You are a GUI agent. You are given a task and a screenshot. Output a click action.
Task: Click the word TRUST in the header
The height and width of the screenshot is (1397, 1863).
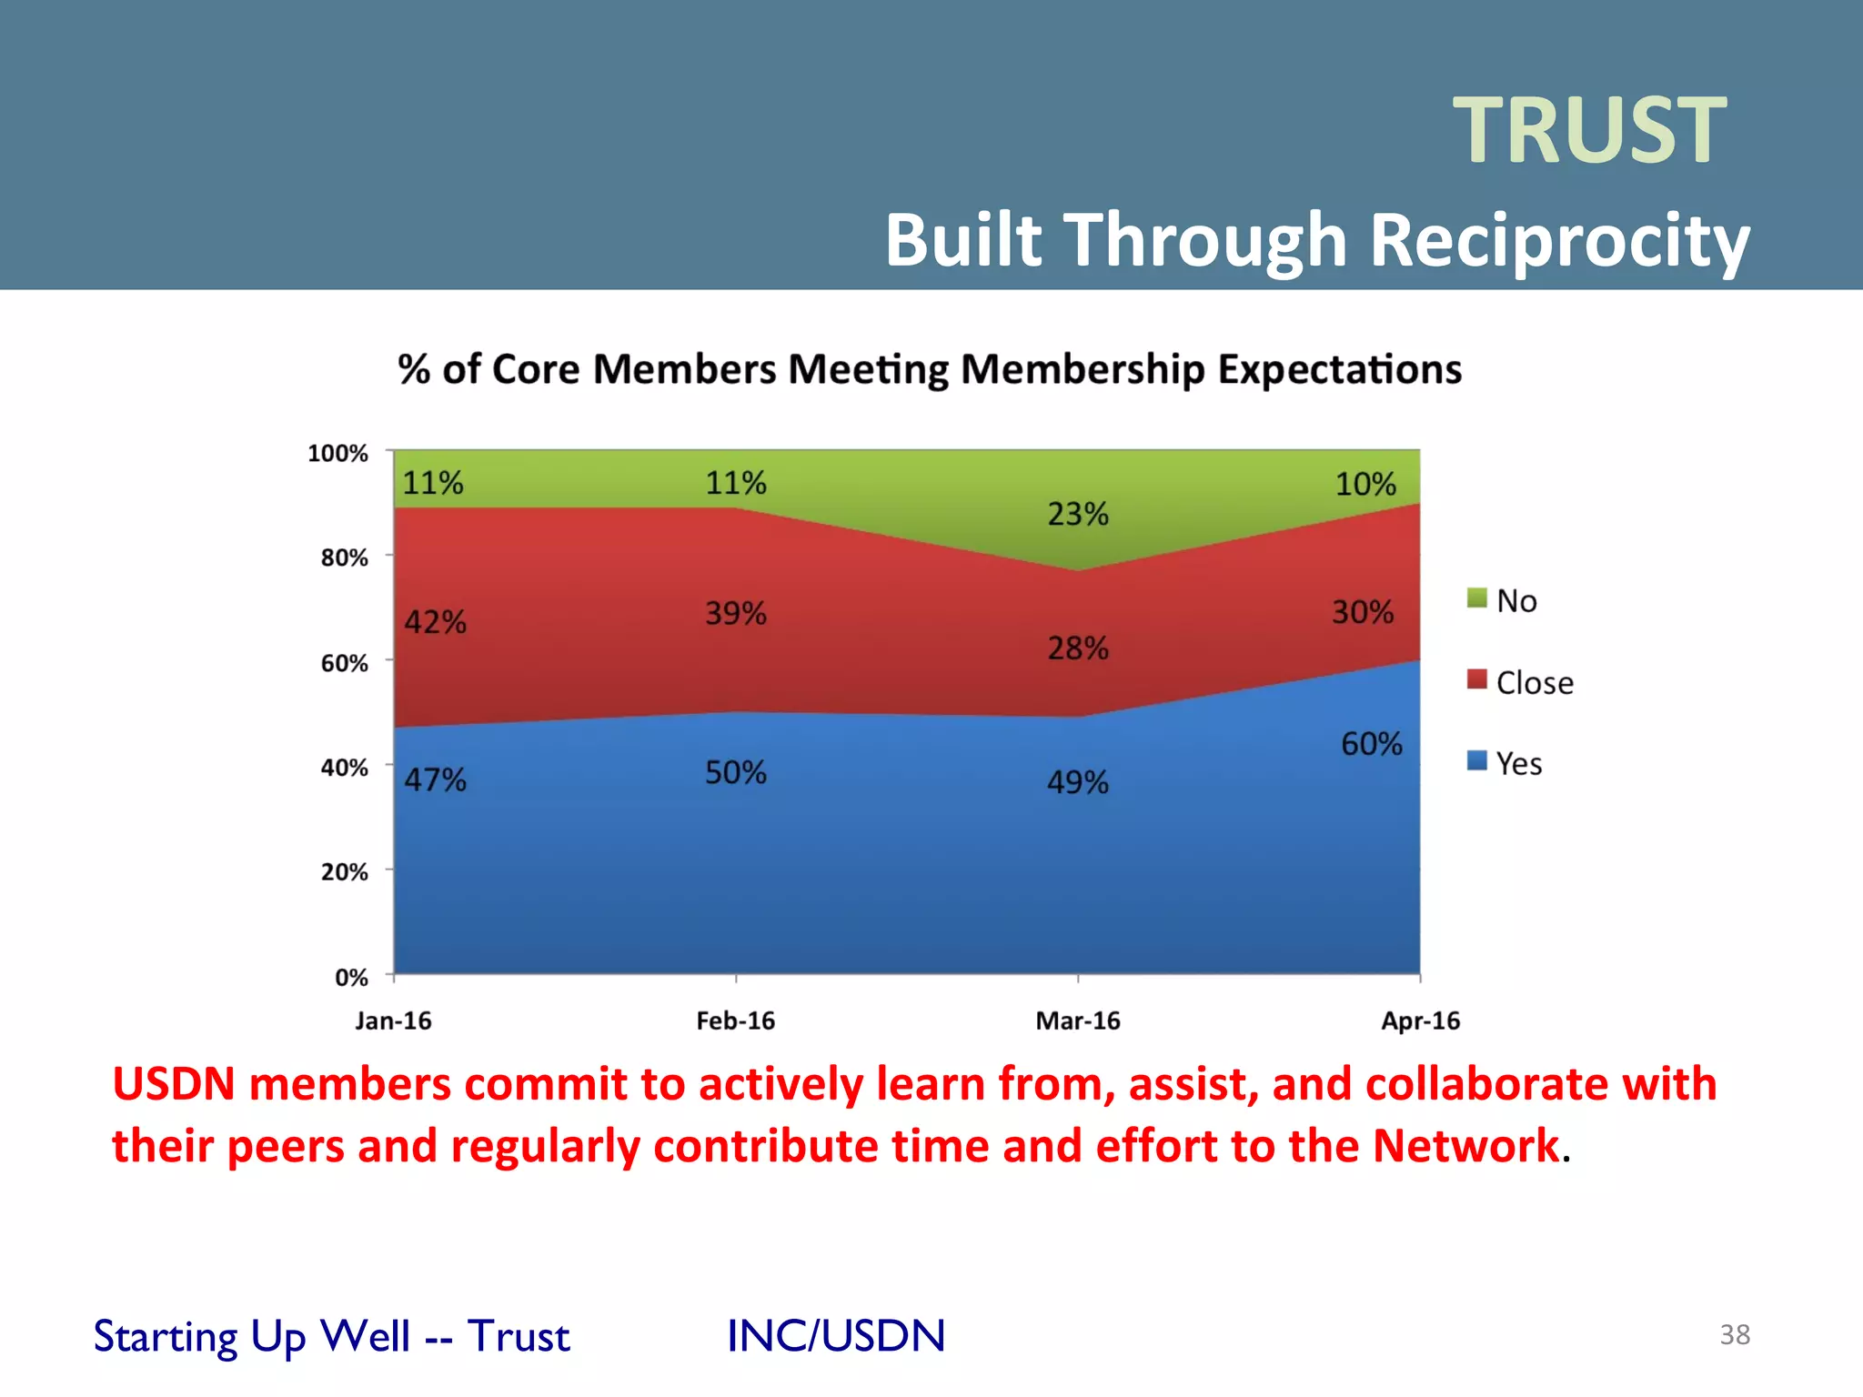[1589, 131]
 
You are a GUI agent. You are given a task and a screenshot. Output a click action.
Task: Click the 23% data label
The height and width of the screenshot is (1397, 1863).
[1077, 515]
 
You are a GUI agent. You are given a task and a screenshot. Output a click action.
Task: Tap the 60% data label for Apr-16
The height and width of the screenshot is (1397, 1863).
[1371, 744]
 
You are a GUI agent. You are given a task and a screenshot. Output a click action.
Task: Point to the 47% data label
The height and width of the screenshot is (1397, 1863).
[435, 779]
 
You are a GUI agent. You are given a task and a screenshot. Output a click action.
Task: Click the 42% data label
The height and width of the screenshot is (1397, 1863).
[435, 622]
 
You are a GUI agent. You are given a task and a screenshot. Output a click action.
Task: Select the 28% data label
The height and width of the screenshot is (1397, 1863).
[1077, 648]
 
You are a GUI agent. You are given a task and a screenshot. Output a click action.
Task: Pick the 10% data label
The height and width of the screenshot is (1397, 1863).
[1365, 484]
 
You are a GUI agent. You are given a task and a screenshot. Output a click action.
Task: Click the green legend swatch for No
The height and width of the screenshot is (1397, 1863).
[1476, 598]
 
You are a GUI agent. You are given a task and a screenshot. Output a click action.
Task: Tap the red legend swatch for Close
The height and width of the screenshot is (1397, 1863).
[1476, 679]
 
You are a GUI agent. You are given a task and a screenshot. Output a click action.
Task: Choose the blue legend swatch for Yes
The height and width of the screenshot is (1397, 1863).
[1476, 760]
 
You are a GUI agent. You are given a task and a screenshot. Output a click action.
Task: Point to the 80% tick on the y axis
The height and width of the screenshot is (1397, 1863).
[344, 558]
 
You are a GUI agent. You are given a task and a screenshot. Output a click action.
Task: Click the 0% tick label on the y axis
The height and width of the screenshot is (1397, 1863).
[351, 978]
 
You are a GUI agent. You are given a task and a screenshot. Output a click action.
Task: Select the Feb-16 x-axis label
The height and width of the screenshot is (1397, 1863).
[735, 1020]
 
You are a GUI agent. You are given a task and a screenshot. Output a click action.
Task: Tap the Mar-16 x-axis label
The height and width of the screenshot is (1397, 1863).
[1077, 1020]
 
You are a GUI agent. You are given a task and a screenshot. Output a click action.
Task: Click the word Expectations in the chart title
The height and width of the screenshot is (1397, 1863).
[1339, 369]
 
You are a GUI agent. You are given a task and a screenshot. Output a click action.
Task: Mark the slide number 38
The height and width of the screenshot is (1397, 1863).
[1734, 1334]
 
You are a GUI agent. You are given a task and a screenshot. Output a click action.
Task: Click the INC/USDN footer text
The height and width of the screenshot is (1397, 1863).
[836, 1335]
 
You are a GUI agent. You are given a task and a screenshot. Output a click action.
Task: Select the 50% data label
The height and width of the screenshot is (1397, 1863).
[735, 773]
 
